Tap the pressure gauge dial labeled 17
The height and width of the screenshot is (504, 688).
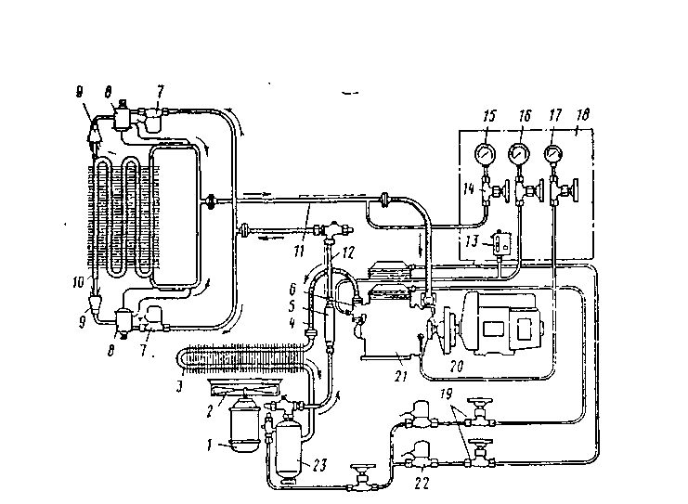pos(553,152)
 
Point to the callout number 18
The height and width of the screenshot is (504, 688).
pos(581,115)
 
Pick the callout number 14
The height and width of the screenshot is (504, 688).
pos(469,187)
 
